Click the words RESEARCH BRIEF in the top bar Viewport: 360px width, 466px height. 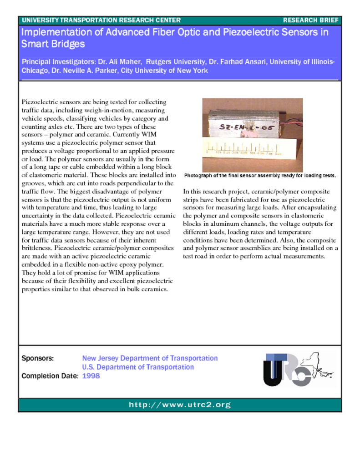(x=310, y=20)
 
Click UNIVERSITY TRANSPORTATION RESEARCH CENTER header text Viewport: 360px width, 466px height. (x=101, y=20)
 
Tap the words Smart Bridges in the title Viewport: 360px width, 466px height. (x=53, y=44)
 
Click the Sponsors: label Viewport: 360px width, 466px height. (x=38, y=359)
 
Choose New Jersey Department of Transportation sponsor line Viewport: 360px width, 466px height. (x=150, y=359)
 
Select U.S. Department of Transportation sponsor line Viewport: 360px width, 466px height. (x=138, y=367)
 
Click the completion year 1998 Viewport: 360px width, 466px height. (x=91, y=376)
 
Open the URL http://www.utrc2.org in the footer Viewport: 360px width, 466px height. (x=180, y=405)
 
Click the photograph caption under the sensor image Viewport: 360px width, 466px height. (x=260, y=176)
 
